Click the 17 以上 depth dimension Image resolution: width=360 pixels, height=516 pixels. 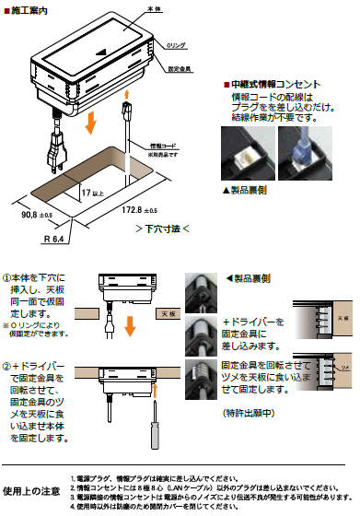[92, 194]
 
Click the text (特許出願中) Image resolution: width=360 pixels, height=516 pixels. [252, 412]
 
